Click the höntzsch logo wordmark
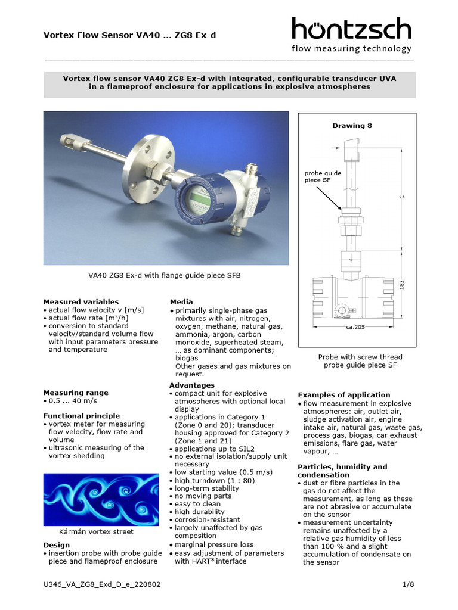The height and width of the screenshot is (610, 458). (351, 29)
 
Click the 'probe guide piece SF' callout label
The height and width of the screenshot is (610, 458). (323, 177)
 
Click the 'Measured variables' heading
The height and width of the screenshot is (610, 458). (81, 302)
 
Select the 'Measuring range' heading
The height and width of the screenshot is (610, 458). (76, 393)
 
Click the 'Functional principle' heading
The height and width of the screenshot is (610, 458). (81, 416)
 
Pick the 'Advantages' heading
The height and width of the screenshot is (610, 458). (191, 385)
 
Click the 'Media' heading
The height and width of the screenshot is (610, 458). (181, 302)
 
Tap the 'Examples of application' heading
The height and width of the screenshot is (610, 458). (343, 395)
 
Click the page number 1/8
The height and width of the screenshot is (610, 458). (408, 584)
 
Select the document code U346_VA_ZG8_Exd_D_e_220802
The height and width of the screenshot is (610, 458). (101, 584)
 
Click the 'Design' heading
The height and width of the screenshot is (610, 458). (57, 545)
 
